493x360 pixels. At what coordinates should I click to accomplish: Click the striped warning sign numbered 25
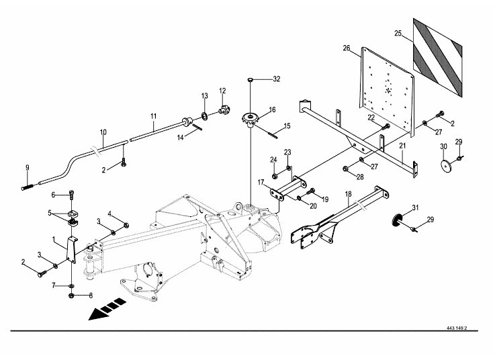[x=437, y=58]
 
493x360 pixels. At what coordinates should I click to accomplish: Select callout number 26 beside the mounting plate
[x=346, y=48]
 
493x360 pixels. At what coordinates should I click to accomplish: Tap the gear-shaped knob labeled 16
[x=250, y=120]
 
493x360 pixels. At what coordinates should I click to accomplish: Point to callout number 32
[x=276, y=79]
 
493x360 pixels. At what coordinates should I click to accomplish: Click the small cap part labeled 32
[x=251, y=79]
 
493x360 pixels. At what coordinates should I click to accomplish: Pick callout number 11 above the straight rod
[x=153, y=116]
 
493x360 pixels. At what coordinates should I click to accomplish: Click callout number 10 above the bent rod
[x=103, y=132]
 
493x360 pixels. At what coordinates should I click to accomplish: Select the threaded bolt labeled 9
[x=28, y=187]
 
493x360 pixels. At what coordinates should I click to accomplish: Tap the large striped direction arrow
[x=107, y=309]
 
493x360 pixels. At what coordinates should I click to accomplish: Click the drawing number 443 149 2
[x=457, y=328]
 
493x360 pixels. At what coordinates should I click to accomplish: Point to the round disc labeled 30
[x=444, y=165]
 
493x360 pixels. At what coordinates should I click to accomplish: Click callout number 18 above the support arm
[x=349, y=194]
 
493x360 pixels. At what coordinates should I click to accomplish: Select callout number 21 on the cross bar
[x=402, y=146]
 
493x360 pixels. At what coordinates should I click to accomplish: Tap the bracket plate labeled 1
[x=72, y=249]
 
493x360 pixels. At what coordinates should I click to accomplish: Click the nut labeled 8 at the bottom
[x=71, y=296]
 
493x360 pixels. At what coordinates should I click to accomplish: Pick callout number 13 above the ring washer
[x=205, y=96]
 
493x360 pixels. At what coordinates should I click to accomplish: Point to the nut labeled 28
[x=346, y=169]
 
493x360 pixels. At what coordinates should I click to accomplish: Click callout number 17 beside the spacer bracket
[x=261, y=183]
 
